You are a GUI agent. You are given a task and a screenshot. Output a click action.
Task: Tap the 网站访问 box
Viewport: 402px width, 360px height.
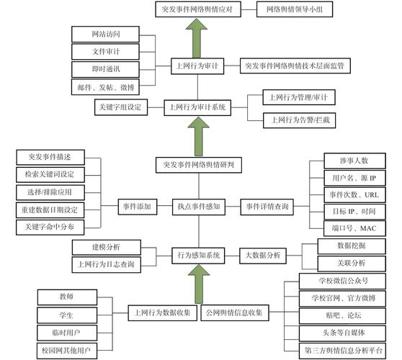click(107, 34)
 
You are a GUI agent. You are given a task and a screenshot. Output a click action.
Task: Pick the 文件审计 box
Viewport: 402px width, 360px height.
click(107, 51)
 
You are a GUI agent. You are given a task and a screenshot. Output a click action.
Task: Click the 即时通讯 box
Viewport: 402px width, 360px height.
click(107, 68)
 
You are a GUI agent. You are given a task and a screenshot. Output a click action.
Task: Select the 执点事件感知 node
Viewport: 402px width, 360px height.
click(198, 207)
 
